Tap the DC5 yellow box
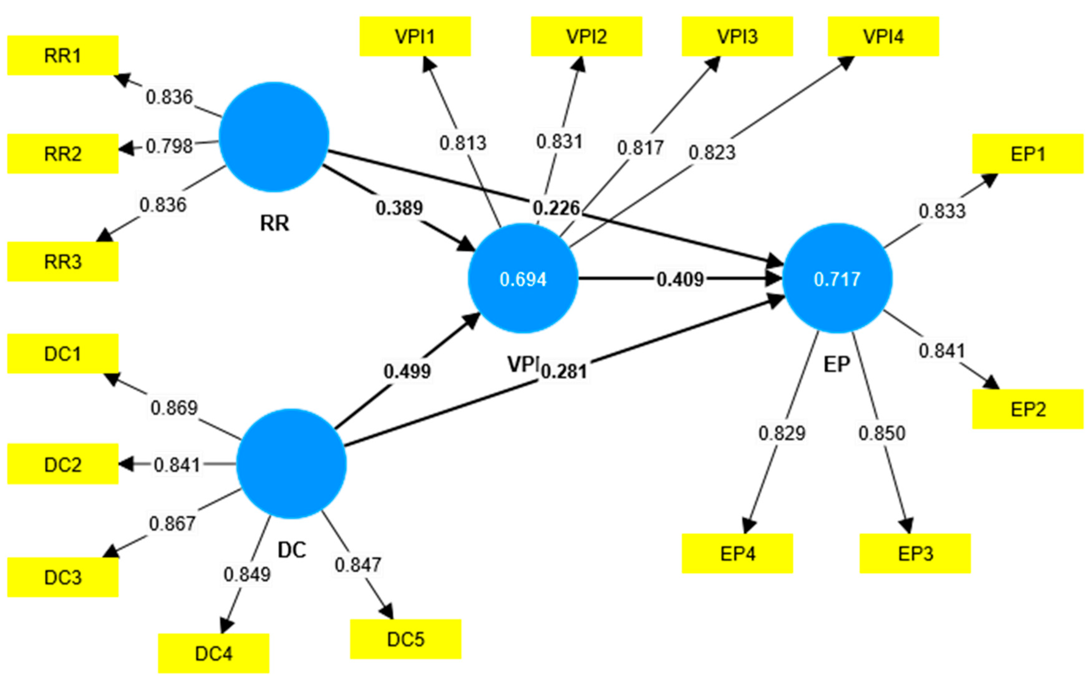click(405, 639)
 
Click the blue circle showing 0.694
click(522, 278)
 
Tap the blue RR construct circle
click(274, 137)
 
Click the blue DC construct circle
click(291, 463)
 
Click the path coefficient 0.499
click(407, 371)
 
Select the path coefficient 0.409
click(680, 279)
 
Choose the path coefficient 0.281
click(564, 371)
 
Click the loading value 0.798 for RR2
click(169, 146)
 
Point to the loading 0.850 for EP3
click(881, 433)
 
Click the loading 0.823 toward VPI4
click(711, 152)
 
